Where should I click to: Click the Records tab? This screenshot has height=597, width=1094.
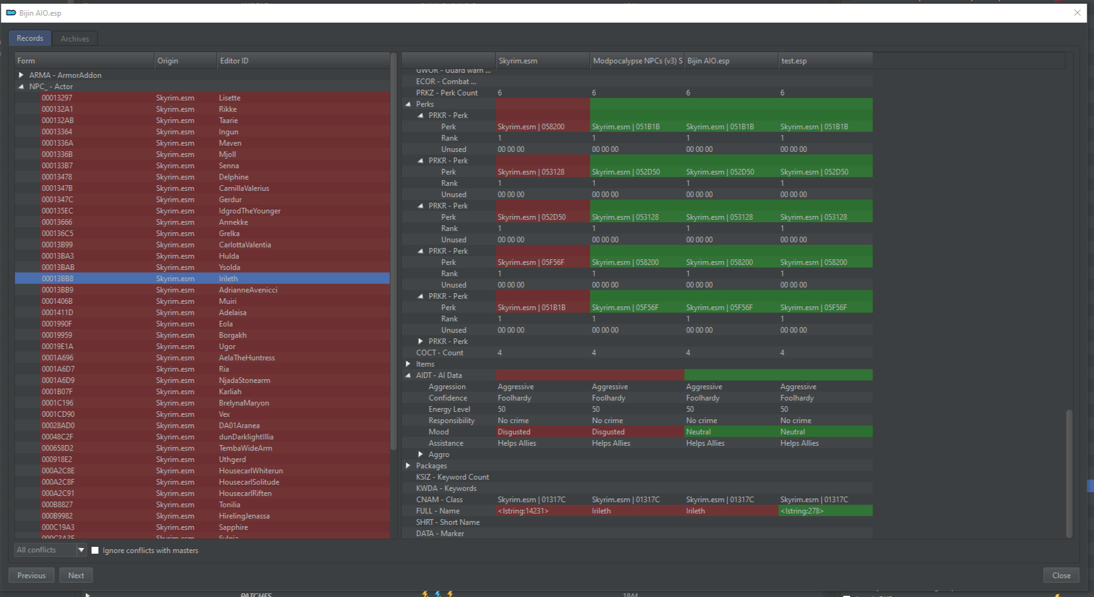[30, 38]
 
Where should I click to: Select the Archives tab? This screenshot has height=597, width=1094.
[75, 39]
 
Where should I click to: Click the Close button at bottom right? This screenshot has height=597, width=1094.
[1061, 575]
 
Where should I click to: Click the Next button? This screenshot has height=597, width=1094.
[76, 575]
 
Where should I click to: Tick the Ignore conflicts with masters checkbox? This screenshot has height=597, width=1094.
[95, 551]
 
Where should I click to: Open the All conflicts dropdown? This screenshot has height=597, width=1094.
[81, 550]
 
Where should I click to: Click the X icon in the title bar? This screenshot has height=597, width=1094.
[1077, 13]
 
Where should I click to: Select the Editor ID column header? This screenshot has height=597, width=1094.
[234, 61]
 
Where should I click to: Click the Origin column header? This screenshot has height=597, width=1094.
[168, 61]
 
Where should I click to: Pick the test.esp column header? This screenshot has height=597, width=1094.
[794, 61]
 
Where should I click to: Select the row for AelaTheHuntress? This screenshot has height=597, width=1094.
[247, 358]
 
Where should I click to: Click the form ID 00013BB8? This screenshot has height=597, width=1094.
[58, 279]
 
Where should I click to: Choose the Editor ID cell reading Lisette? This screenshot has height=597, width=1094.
[230, 98]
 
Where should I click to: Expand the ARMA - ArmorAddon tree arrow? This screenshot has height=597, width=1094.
[21, 75]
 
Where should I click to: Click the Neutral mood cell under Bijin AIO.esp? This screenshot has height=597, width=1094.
[698, 432]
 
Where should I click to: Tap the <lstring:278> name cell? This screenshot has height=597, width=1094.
[802, 511]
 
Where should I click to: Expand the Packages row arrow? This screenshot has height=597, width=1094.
[408, 466]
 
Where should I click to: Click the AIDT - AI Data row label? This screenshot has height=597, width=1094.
[438, 375]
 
